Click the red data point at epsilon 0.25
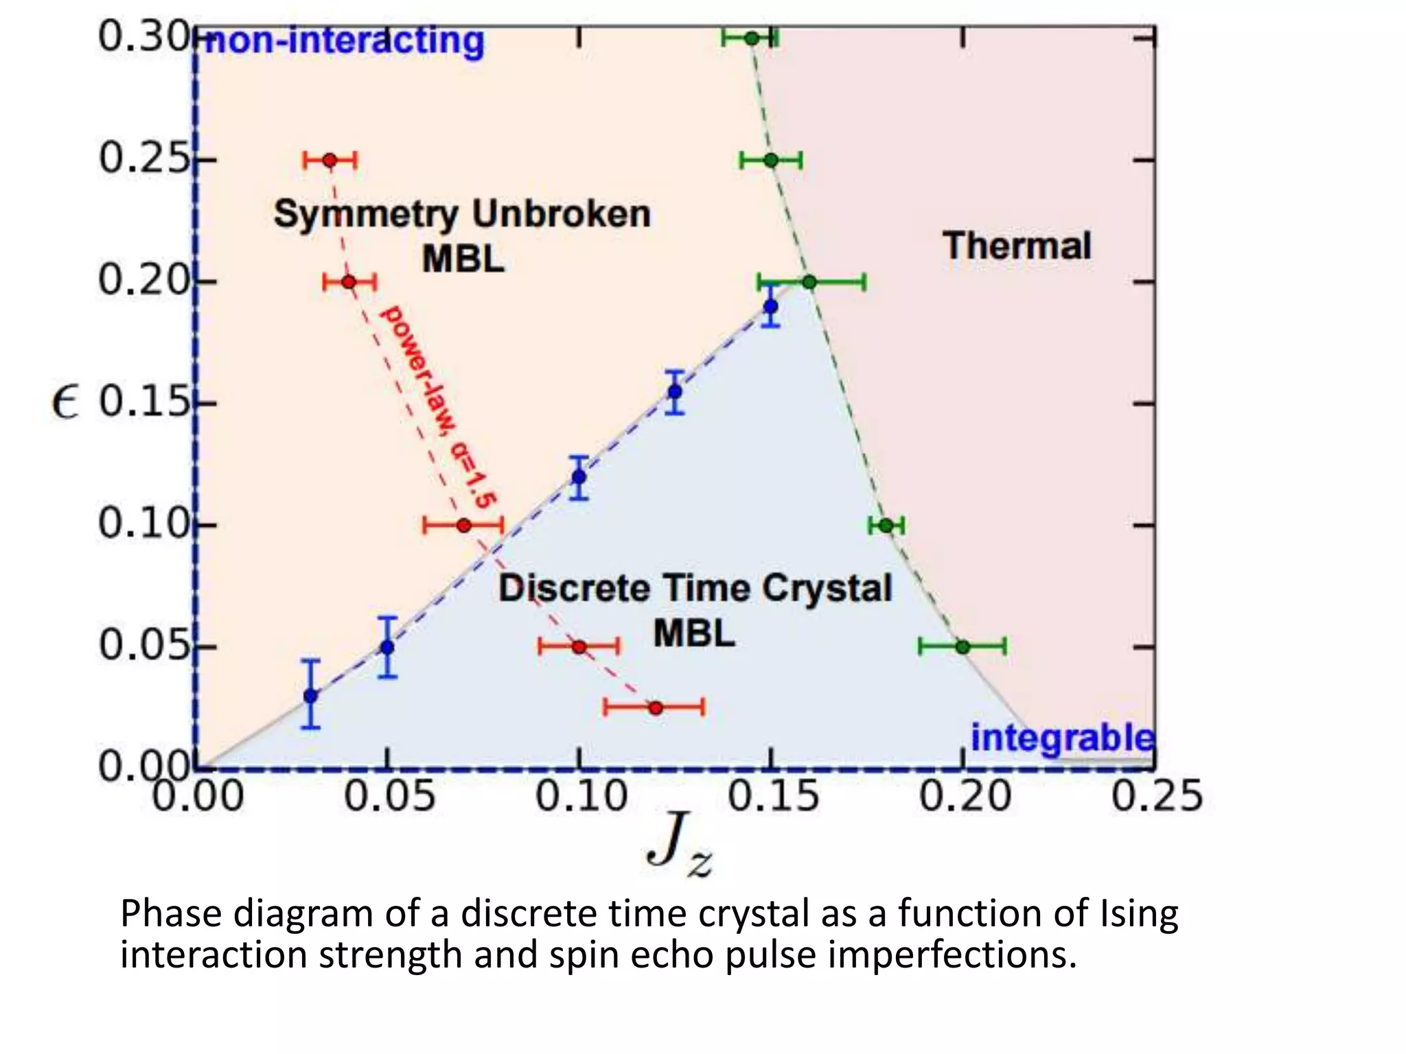[330, 161]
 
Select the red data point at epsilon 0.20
[349, 281]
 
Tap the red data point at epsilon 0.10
[464, 526]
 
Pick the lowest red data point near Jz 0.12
[656, 707]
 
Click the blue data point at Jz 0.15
[771, 306]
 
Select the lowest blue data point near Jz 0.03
[311, 696]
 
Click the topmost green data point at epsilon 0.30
[752, 38]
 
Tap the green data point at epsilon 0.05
[963, 646]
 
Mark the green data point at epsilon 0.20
[809, 281]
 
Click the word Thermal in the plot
[1016, 246]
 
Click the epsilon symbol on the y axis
[65, 402]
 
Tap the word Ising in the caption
[1139, 914]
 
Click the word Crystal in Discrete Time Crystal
[827, 588]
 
